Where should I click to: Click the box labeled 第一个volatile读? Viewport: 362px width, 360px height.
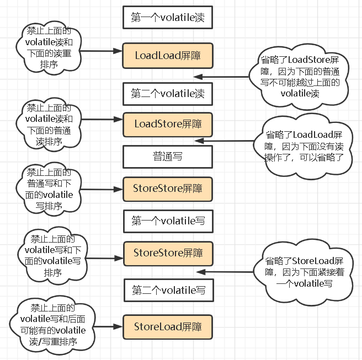pos(167,18)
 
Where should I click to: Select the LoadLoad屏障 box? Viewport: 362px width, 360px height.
pos(167,55)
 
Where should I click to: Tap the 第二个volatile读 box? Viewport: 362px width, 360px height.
pos(167,93)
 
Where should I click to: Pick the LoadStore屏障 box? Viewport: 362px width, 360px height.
pos(167,123)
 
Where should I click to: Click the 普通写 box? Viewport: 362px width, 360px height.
pos(167,157)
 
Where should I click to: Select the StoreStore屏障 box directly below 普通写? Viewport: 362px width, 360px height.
pos(167,188)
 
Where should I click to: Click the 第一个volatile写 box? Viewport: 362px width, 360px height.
pos(167,221)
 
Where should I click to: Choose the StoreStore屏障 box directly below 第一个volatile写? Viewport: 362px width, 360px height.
pos(167,253)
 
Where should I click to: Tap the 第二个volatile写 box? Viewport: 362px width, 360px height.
pos(167,289)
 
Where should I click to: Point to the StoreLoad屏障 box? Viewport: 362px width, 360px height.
pos(167,326)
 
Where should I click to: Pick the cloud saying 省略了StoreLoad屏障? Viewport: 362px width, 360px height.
pos(304,272)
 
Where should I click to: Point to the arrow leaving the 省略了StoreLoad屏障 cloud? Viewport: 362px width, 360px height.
pos(226,272)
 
